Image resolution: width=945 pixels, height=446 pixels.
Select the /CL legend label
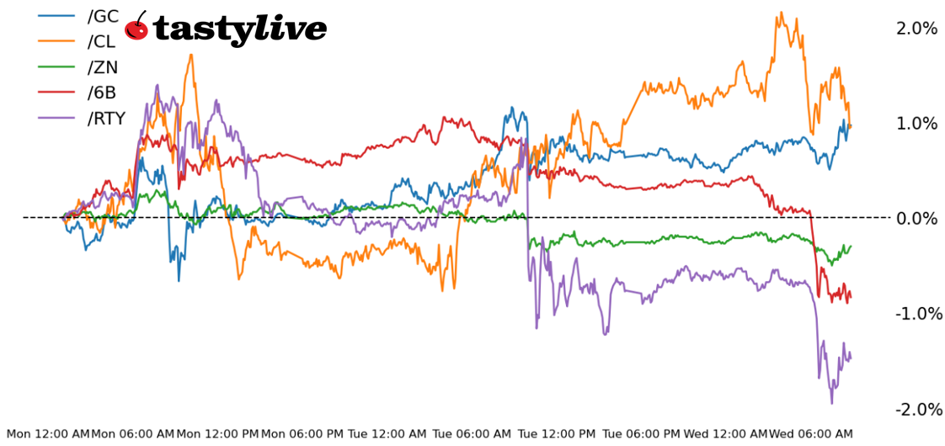pos(102,41)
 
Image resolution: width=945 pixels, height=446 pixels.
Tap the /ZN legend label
pos(103,67)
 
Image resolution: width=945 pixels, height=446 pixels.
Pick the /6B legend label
pos(102,93)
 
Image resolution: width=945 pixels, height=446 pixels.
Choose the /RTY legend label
pos(106,119)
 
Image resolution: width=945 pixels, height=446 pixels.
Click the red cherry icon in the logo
pos(136,28)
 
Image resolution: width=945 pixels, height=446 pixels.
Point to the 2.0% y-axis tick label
pos(916,29)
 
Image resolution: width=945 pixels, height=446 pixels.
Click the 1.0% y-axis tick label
pos(916,124)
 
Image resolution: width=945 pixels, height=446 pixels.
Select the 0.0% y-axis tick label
pos(916,219)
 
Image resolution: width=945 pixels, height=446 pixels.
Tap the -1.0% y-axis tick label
pos(915,314)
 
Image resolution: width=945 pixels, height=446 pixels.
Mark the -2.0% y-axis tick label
pos(915,409)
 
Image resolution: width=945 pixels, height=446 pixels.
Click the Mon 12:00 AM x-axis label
pos(47,434)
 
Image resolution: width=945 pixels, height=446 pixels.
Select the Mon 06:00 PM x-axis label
pos(303,434)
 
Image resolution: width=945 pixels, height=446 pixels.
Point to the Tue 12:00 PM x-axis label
pos(557,434)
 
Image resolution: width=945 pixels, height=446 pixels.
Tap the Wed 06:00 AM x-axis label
pos(812,434)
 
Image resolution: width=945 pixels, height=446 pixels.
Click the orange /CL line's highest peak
pos(782,13)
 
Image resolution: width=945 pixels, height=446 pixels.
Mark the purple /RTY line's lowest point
pos(832,403)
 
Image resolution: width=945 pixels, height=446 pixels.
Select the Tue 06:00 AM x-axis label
pos(472,434)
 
